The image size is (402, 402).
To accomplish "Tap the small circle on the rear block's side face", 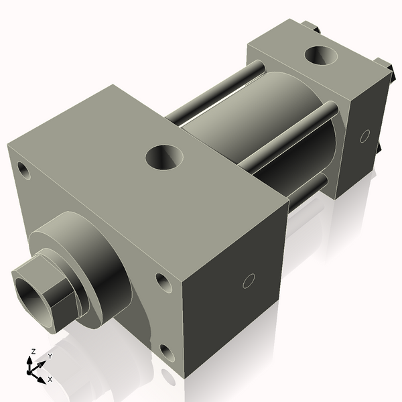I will tap(364, 135).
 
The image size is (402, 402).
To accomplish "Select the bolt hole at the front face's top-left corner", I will tap(24, 170).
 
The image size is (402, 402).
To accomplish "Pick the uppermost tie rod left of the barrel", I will tap(214, 90).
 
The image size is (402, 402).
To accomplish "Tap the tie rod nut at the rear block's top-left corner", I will tap(310, 26).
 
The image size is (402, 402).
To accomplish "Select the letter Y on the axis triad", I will tap(50, 356).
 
